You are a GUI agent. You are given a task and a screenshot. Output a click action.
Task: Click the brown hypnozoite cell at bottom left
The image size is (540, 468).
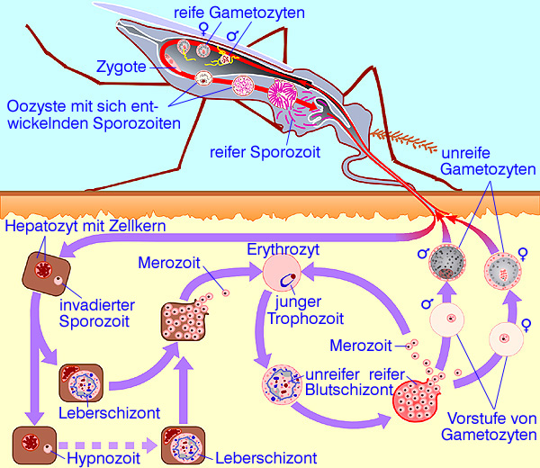[34, 445]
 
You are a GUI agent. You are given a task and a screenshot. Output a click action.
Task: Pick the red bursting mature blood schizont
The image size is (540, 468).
[418, 395]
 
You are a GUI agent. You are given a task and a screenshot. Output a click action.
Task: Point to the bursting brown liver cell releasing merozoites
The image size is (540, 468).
[184, 322]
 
